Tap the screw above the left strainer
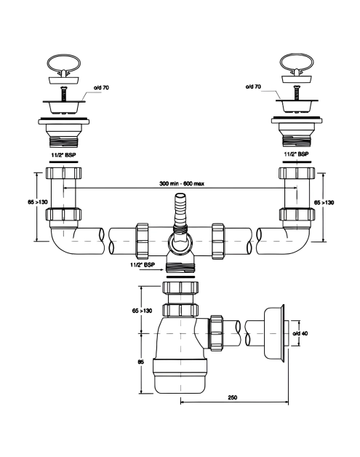(64, 94)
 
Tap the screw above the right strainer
(297, 92)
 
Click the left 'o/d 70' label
(101, 87)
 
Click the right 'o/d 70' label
(253, 87)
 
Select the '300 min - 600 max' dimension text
(182, 183)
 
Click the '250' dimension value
(233, 397)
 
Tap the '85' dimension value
(140, 362)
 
